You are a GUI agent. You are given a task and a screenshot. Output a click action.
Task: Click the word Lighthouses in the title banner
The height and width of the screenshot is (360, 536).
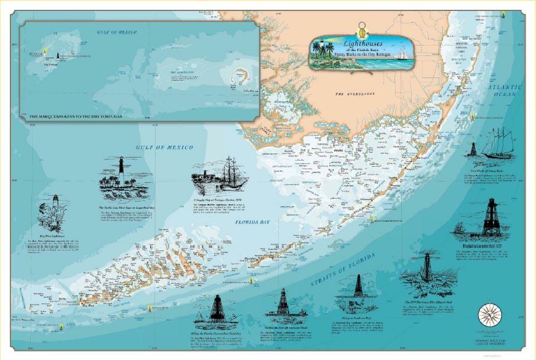click(365, 44)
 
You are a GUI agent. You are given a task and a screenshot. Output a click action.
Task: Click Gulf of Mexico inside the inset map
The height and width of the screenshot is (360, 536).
click(116, 32)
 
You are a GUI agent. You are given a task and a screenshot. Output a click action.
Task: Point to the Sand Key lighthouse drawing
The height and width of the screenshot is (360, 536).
click(216, 308)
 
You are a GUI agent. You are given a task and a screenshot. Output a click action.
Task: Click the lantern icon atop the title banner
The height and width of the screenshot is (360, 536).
click(362, 27)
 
